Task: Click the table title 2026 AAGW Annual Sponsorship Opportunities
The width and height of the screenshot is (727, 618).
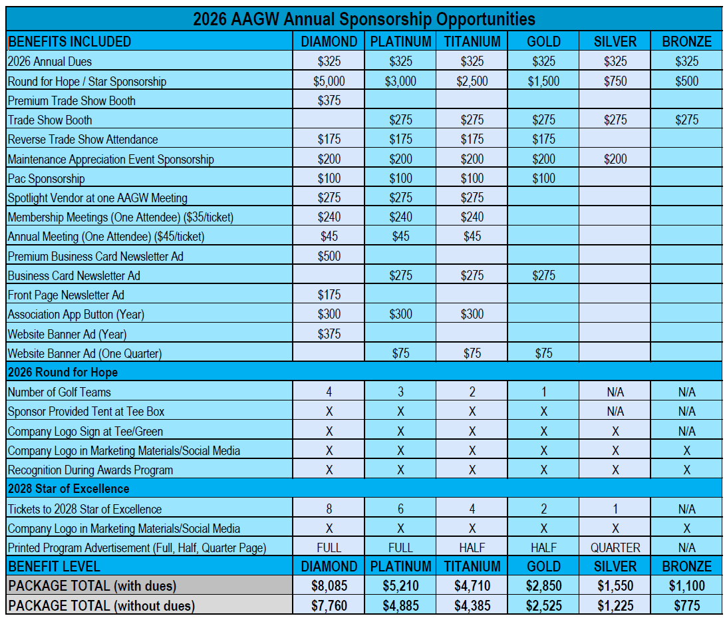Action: click(364, 19)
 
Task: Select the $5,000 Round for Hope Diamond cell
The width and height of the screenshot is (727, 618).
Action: click(329, 82)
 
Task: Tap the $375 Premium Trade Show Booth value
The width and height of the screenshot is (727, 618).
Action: click(329, 101)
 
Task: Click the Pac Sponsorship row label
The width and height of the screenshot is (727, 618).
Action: click(47, 178)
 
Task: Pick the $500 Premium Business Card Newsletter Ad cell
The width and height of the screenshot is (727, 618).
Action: click(329, 256)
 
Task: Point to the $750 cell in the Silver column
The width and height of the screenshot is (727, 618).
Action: click(615, 82)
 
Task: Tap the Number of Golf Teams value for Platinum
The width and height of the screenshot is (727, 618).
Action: click(400, 392)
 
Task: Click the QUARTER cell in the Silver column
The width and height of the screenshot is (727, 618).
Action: click(615, 548)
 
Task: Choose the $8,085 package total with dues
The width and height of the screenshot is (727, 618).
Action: click(329, 586)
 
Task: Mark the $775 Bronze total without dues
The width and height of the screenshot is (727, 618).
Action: click(686, 606)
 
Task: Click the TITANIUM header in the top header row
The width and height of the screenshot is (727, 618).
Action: click(472, 41)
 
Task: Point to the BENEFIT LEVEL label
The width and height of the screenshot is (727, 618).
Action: click(55, 567)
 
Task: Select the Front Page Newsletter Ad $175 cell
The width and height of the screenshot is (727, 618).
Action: click(329, 295)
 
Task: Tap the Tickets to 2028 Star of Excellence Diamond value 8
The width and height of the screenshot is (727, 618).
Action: click(329, 510)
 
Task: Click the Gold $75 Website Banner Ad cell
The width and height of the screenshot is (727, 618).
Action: click(543, 353)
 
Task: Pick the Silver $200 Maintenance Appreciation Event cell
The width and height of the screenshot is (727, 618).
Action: click(615, 159)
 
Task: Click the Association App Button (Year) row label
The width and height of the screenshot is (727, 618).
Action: click(76, 314)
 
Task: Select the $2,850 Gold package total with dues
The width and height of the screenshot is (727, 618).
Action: click(543, 586)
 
